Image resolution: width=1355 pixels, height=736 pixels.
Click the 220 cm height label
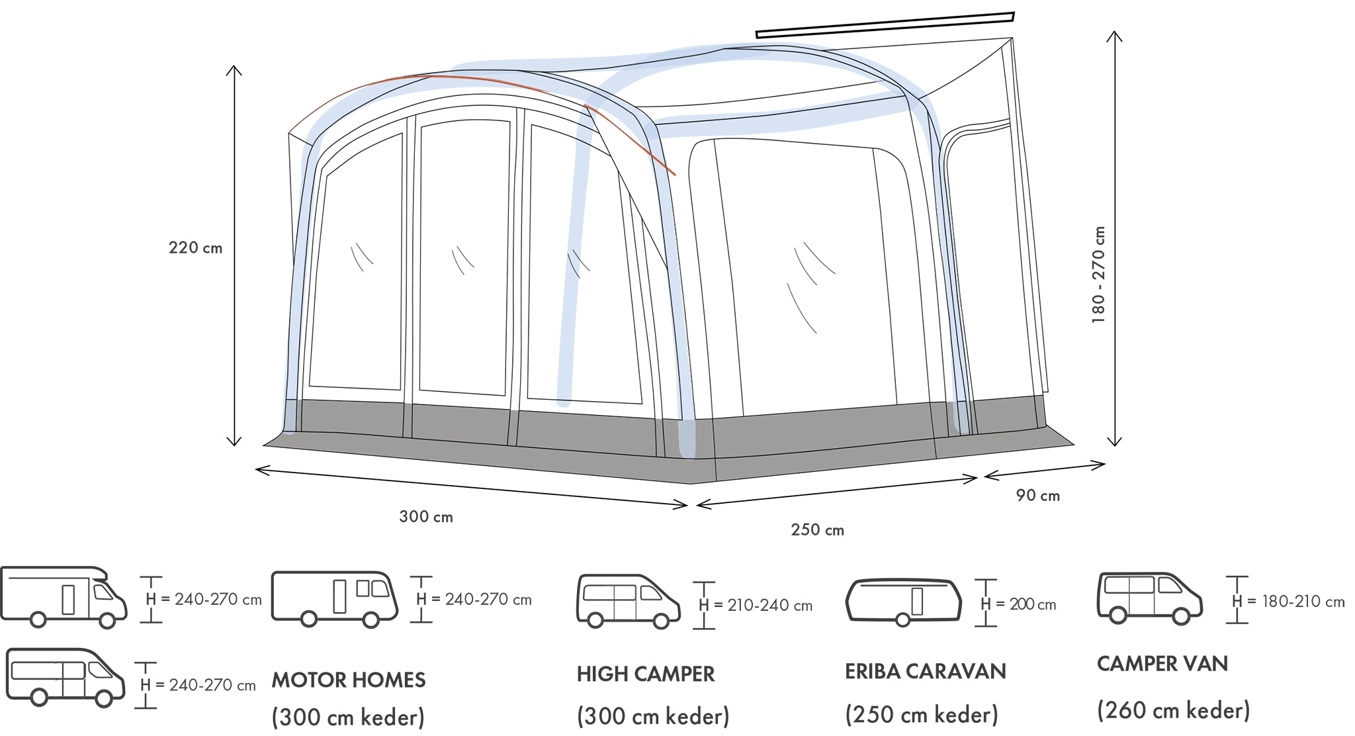tap(195, 248)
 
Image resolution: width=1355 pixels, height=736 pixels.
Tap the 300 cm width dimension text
tap(426, 517)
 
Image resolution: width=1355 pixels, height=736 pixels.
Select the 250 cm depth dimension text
tap(817, 530)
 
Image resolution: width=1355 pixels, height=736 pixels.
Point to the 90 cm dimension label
tap(1037, 496)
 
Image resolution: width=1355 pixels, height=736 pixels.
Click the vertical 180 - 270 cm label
tap(1099, 275)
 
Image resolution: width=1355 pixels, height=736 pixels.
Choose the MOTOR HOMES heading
tap(349, 680)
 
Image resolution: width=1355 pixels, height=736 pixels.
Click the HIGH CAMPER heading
tap(646, 674)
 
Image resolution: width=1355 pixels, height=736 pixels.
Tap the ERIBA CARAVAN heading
tap(925, 672)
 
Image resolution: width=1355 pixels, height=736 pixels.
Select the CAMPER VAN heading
tap(1162, 664)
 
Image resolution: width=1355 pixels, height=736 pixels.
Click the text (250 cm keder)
tap(922, 715)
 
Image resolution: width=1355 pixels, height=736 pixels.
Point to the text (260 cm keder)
tap(1174, 711)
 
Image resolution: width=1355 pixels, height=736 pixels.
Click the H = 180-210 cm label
tap(1288, 602)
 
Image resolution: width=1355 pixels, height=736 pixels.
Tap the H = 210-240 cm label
tap(756, 606)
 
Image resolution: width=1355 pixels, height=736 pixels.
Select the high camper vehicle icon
tap(628, 601)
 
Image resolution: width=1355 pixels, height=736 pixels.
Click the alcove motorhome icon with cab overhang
tap(64, 596)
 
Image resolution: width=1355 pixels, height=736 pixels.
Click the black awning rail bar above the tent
tap(885, 25)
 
